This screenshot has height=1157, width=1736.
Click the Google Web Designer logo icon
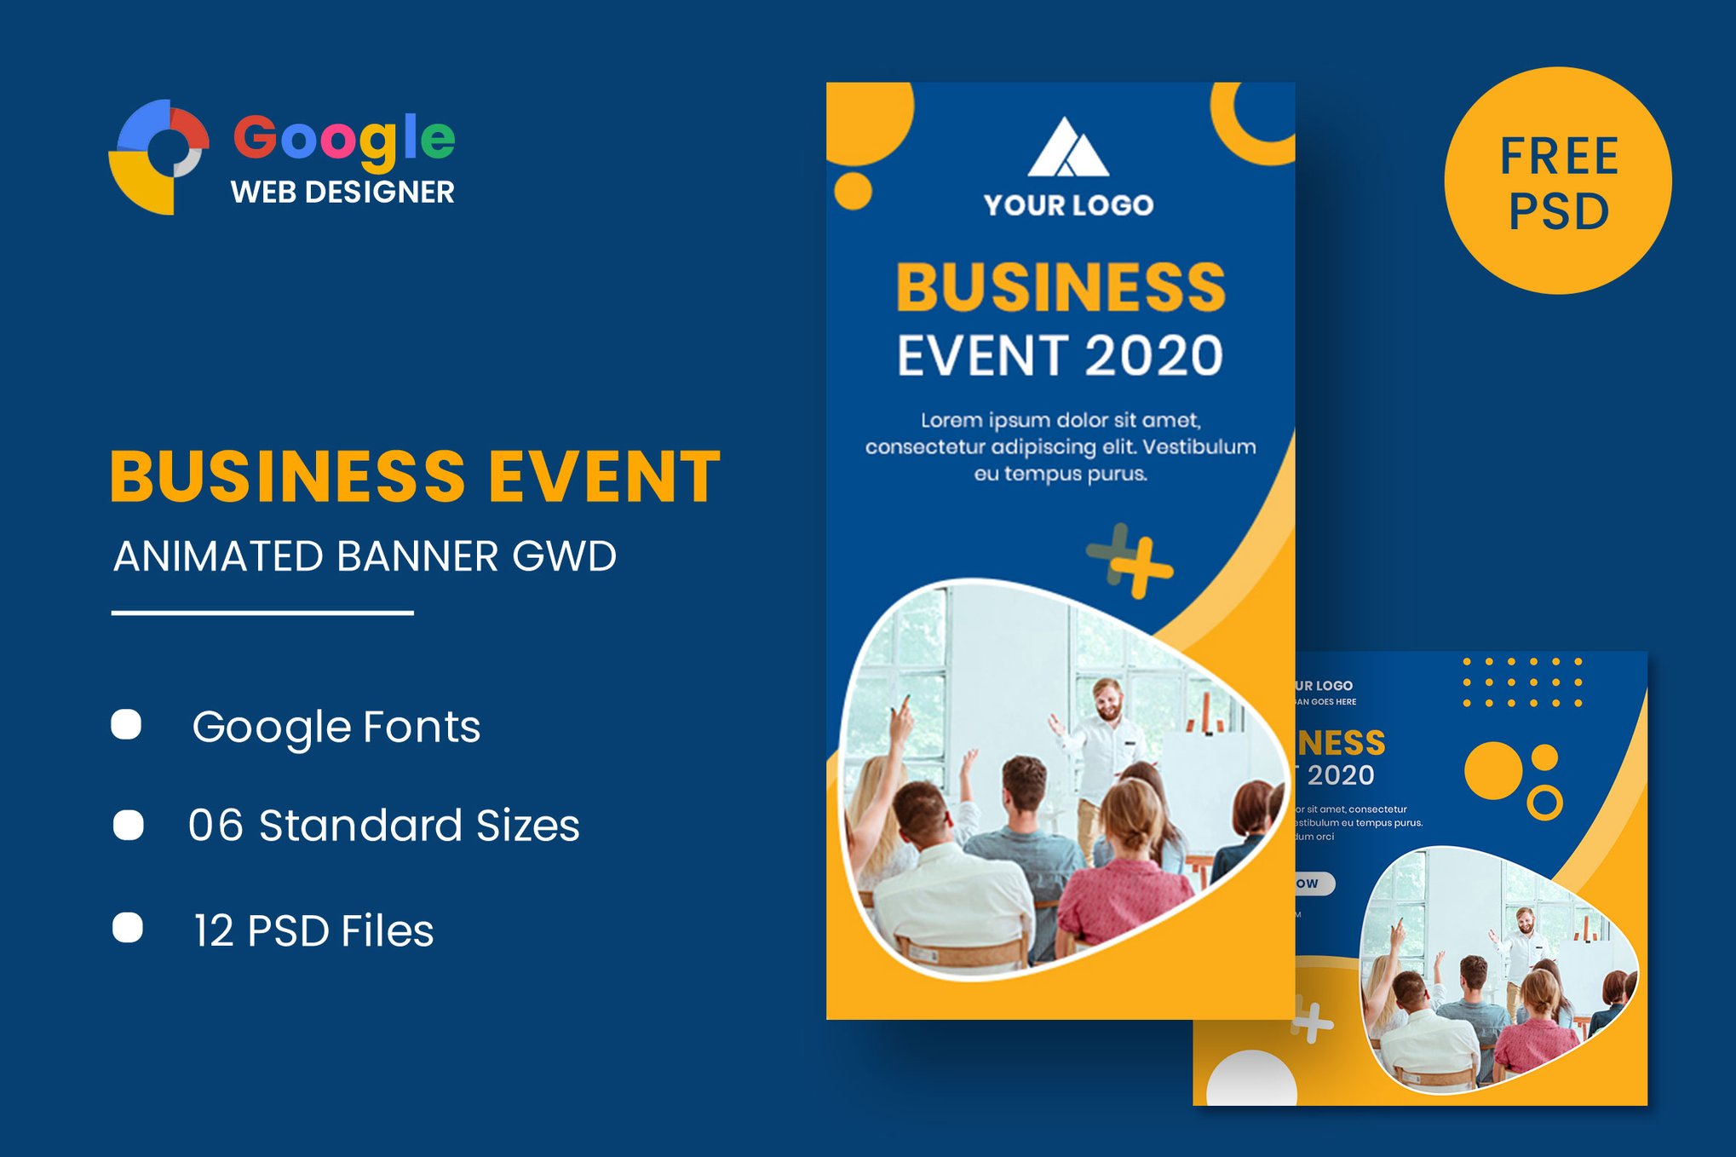[x=159, y=156]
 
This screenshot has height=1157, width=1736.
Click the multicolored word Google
[x=344, y=138]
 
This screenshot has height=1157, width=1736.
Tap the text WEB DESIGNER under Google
[x=342, y=193]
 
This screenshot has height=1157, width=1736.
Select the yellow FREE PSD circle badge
[x=1557, y=181]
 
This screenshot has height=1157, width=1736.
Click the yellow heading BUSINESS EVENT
[x=415, y=476]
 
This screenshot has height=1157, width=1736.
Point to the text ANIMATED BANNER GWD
[x=365, y=557]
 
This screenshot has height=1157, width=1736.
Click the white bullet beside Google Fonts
[x=127, y=725]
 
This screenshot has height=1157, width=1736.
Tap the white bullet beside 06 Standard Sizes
[x=129, y=825]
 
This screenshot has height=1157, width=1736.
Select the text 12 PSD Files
[x=313, y=930]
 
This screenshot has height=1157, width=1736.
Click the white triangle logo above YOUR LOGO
[x=1067, y=150]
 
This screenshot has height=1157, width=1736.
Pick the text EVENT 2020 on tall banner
[x=1060, y=356]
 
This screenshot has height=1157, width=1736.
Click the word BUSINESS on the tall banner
[x=1061, y=287]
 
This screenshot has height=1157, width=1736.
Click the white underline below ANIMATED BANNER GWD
[x=262, y=613]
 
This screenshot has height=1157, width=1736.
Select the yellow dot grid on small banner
[x=1522, y=682]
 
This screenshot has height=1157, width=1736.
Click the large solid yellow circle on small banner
[x=1492, y=770]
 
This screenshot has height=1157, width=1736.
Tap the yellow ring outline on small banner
[x=1544, y=803]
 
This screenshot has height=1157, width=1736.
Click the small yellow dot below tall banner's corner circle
[x=853, y=191]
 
